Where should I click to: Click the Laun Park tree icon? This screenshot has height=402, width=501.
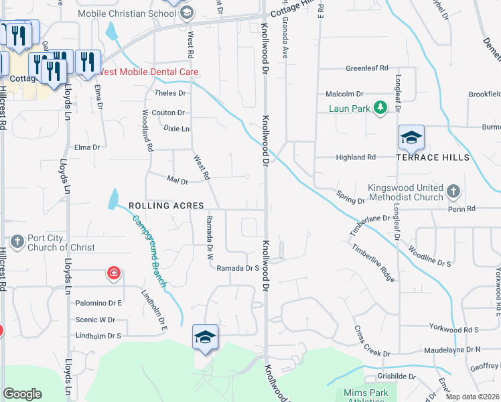[380, 108]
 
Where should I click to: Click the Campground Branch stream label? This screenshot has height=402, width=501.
[150, 247]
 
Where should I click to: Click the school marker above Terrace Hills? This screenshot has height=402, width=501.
[411, 137]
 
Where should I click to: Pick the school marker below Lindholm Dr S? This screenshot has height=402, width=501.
[206, 336]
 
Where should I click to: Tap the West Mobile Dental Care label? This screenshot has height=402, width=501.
[147, 72]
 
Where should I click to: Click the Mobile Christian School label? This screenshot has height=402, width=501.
[127, 13]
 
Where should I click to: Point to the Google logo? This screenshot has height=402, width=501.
[22, 393]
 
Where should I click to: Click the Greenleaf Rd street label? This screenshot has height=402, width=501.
[367, 68]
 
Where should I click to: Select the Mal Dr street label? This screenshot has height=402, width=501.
[177, 181]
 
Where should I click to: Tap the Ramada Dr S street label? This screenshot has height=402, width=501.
[238, 268]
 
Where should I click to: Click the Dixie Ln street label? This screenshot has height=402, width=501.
[177, 128]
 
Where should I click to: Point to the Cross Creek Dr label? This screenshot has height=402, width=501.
[372, 341]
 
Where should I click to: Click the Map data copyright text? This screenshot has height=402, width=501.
[473, 396]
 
